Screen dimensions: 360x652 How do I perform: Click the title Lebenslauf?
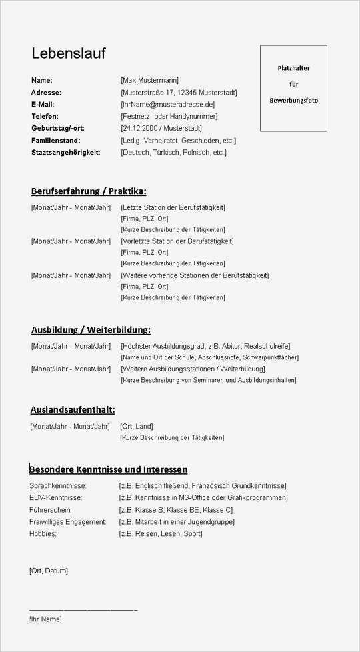pos(68,53)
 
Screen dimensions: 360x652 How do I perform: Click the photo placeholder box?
pos(293,88)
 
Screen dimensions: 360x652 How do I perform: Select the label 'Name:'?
pos(41,81)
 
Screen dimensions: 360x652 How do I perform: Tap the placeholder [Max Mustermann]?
pos(149,81)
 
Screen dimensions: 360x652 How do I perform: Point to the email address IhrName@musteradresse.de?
pos(167,105)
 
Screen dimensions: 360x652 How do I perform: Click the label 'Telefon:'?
pos(45,117)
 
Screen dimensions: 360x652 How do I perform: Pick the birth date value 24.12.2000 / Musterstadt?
pos(161,129)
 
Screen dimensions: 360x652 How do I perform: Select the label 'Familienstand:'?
pos(55,141)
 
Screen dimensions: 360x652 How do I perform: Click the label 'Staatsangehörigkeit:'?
pos(65,153)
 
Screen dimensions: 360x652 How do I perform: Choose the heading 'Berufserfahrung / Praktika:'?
pos(89,191)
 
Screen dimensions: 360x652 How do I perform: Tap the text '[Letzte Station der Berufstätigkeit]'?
pos(173,208)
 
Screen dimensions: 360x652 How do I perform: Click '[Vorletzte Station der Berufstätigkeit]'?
pos(177,241)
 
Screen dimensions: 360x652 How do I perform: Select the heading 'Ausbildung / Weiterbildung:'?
pos(91,329)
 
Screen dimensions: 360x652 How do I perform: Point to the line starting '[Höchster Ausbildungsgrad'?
pos(205,346)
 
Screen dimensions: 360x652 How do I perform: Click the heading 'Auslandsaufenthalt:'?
pos(73,409)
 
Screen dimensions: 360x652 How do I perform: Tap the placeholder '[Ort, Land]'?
pos(136,427)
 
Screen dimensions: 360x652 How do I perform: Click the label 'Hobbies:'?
pos(43,534)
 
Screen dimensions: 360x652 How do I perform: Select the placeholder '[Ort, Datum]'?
pos(49,571)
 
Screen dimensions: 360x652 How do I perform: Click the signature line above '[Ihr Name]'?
pos(83,609)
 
